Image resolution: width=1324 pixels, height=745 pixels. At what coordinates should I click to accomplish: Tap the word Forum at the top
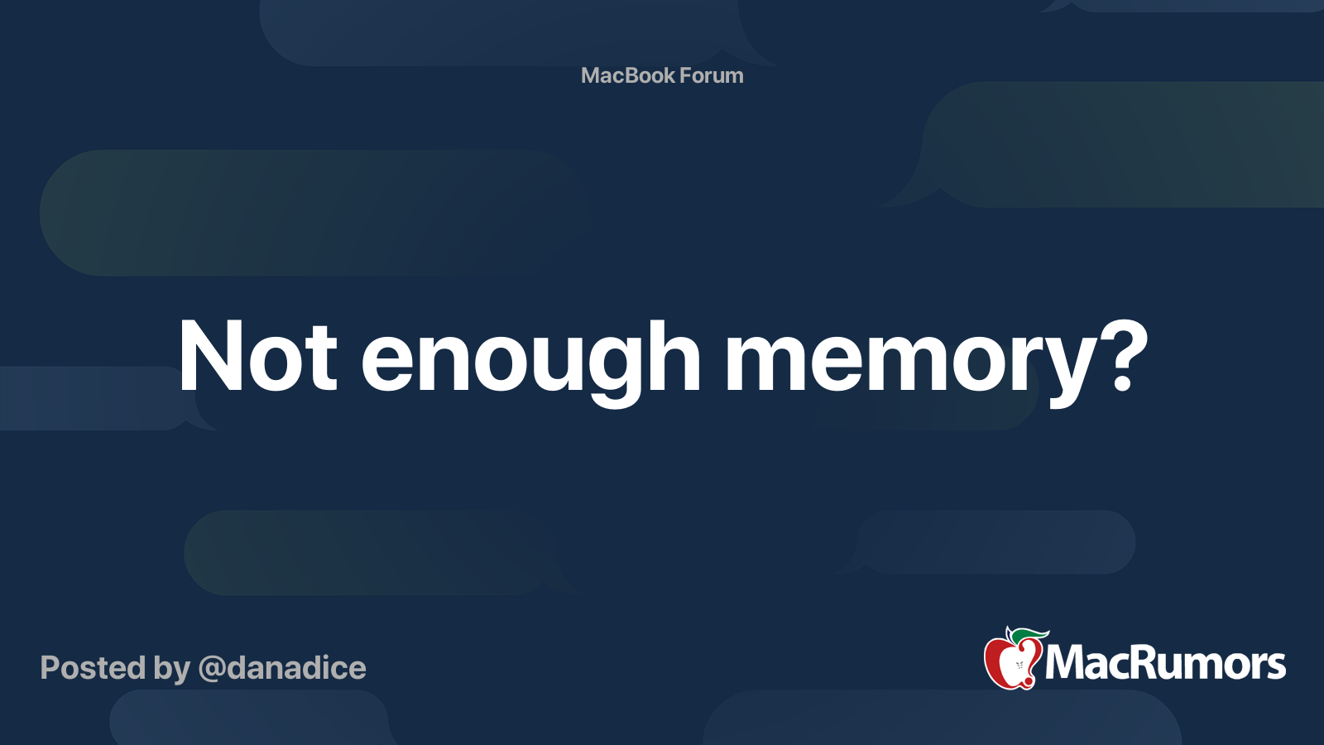point(712,75)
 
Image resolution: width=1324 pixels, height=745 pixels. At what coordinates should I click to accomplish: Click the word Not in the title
point(257,356)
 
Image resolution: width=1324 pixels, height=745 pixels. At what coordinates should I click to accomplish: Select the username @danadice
point(282,668)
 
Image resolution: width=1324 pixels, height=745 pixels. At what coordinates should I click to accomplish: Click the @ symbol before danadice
point(211,669)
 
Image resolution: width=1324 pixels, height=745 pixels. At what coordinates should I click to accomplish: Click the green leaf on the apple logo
point(1029,635)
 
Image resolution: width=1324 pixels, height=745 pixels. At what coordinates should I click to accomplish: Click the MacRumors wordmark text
point(1165,663)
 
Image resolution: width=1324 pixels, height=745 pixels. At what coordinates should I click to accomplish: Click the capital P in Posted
point(50,668)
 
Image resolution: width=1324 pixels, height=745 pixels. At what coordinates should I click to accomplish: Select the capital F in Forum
point(686,75)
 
